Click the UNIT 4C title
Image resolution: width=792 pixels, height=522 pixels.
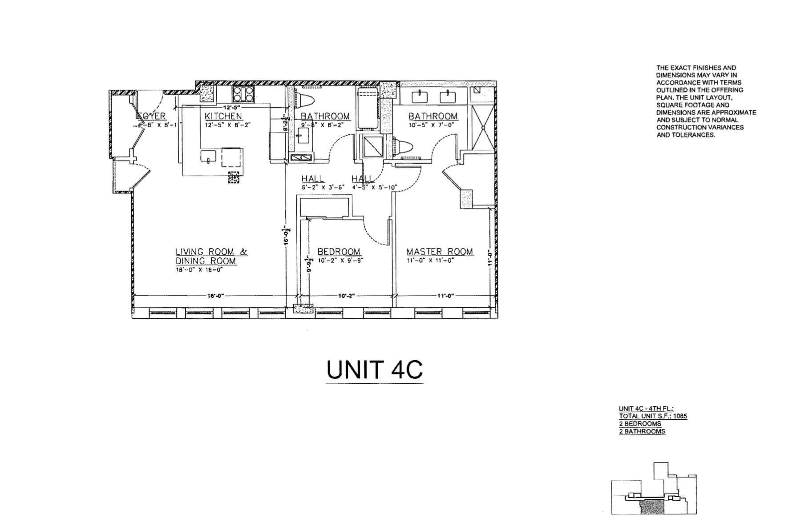pos(374,369)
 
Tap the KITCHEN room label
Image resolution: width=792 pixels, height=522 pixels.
pos(223,116)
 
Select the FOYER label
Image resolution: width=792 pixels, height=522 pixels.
pos(152,116)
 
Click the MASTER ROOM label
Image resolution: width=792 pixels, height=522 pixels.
pos(440,252)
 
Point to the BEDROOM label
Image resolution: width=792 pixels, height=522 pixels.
pos(339,252)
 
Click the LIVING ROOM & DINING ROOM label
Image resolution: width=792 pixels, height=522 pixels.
pos(211,256)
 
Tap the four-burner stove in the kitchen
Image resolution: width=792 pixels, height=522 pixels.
pos(243,94)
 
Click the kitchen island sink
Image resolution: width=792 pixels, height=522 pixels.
pos(208,157)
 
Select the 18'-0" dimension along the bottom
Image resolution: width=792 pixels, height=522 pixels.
pos(215,296)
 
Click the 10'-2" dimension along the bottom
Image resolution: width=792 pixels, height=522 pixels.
pos(346,296)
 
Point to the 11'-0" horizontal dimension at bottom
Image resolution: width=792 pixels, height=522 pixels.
pos(445,296)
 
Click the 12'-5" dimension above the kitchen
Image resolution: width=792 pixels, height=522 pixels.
pos(231,107)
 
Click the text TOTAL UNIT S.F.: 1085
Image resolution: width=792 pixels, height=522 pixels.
pos(653,416)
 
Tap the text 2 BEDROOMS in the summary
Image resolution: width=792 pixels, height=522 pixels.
pos(640,424)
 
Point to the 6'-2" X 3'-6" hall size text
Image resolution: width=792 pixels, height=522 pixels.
pos(323,187)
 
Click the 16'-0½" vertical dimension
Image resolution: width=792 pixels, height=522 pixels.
pos(287,235)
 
